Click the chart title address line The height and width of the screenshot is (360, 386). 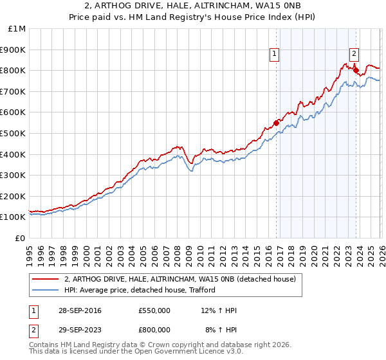click(193, 6)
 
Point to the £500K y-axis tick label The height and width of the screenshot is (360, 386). click(14, 134)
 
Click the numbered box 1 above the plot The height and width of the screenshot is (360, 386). click(275, 55)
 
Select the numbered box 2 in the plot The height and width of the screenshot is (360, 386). click(354, 55)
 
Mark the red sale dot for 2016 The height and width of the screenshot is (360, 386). click(276, 123)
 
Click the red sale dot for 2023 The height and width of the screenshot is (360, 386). click(356, 70)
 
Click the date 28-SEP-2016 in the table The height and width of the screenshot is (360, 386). click(83, 310)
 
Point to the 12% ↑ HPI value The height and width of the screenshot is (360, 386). click(219, 310)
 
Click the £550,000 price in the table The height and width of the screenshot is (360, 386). click(154, 310)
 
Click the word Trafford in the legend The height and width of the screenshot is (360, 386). click(200, 290)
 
